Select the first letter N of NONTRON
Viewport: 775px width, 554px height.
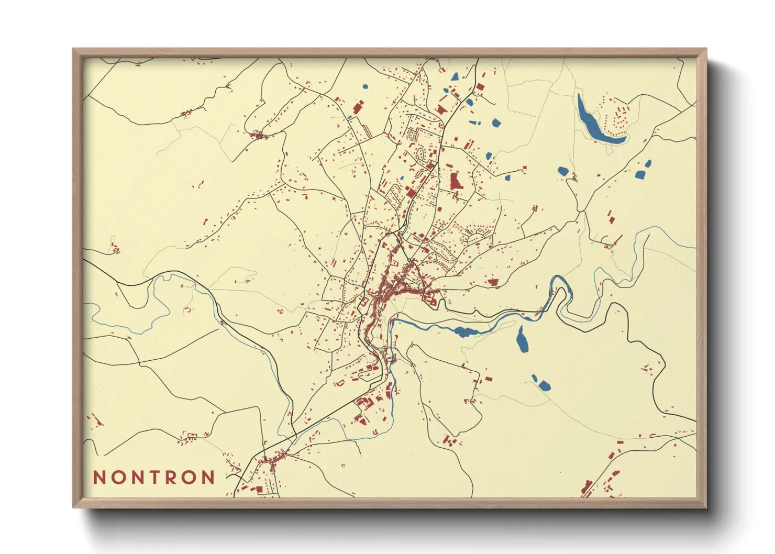99,478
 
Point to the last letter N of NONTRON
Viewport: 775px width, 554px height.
208,478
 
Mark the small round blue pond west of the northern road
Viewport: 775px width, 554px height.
365,87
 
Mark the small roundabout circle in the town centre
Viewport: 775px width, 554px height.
408,260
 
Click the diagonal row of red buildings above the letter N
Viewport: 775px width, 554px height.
95,419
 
